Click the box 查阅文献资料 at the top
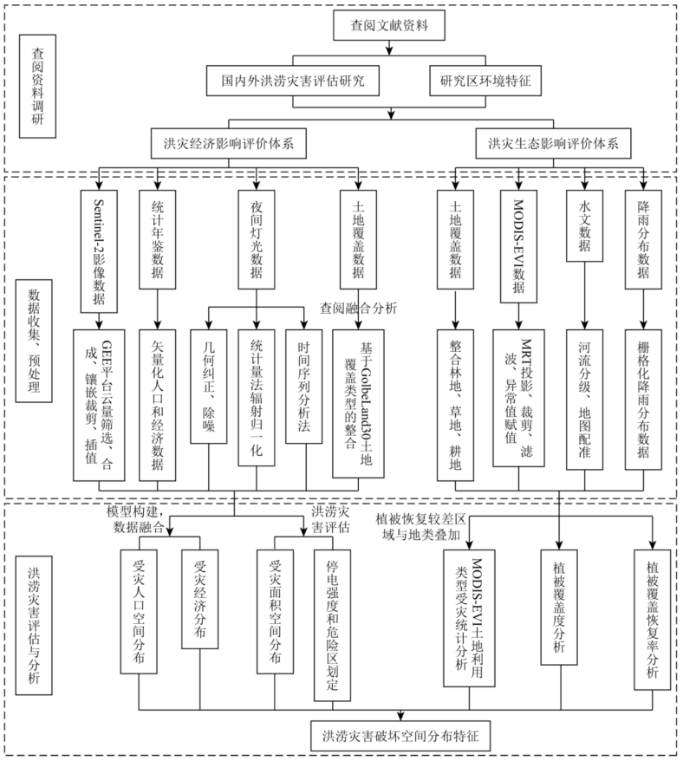tap(394, 27)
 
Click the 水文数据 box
tap(583, 224)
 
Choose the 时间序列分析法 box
tap(303, 385)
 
